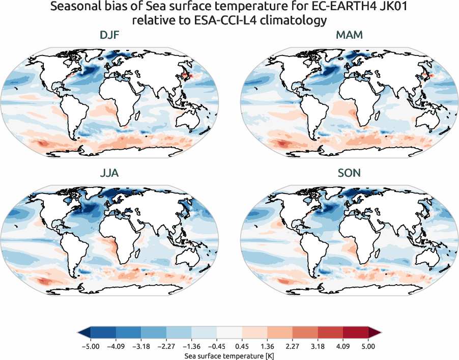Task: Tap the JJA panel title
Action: [x=109, y=173]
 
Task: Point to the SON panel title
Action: [x=349, y=173]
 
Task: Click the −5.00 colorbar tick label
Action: [x=90, y=346]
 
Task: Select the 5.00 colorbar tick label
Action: [x=368, y=346]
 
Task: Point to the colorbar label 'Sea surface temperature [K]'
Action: [x=229, y=354]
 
